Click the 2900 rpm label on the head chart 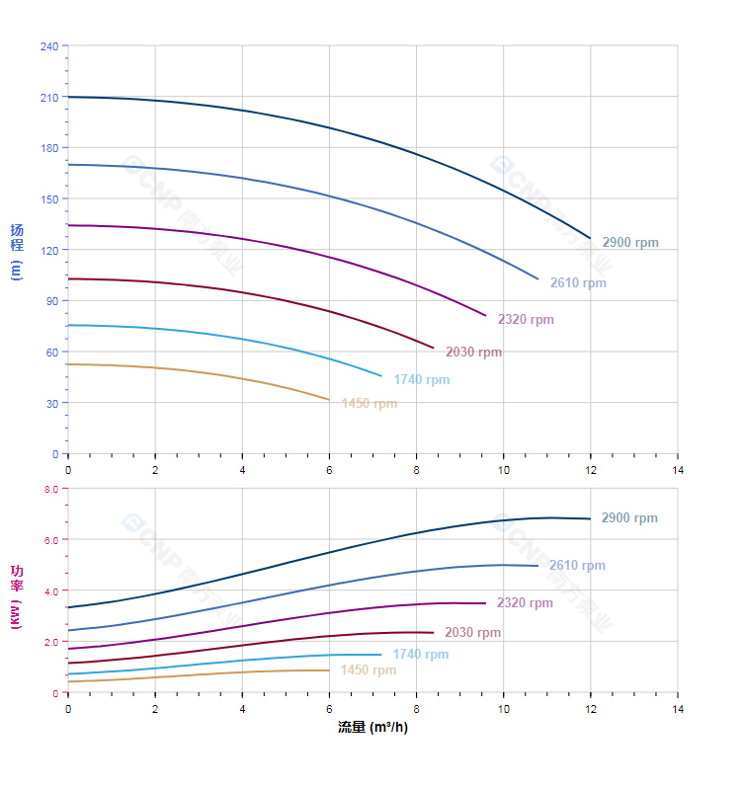click(629, 243)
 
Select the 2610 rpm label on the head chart click(578, 283)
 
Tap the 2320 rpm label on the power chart click(525, 603)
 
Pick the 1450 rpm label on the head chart click(369, 404)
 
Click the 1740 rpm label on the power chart click(420, 655)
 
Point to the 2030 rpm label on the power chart click(472, 633)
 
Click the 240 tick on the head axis click(48, 46)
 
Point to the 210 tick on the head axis click(48, 97)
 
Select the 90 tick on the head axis click(51, 301)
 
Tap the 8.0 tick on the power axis click(50, 489)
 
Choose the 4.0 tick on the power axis click(50, 590)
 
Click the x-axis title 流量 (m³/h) click(372, 728)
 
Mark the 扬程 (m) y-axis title click(17, 251)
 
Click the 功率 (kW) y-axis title click(17, 597)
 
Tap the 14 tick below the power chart click(678, 709)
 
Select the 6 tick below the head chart click(329, 470)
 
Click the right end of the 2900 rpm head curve click(590, 239)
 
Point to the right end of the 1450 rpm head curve click(329, 400)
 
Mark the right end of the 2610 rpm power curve click(537, 566)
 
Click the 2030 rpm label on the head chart click(473, 353)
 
